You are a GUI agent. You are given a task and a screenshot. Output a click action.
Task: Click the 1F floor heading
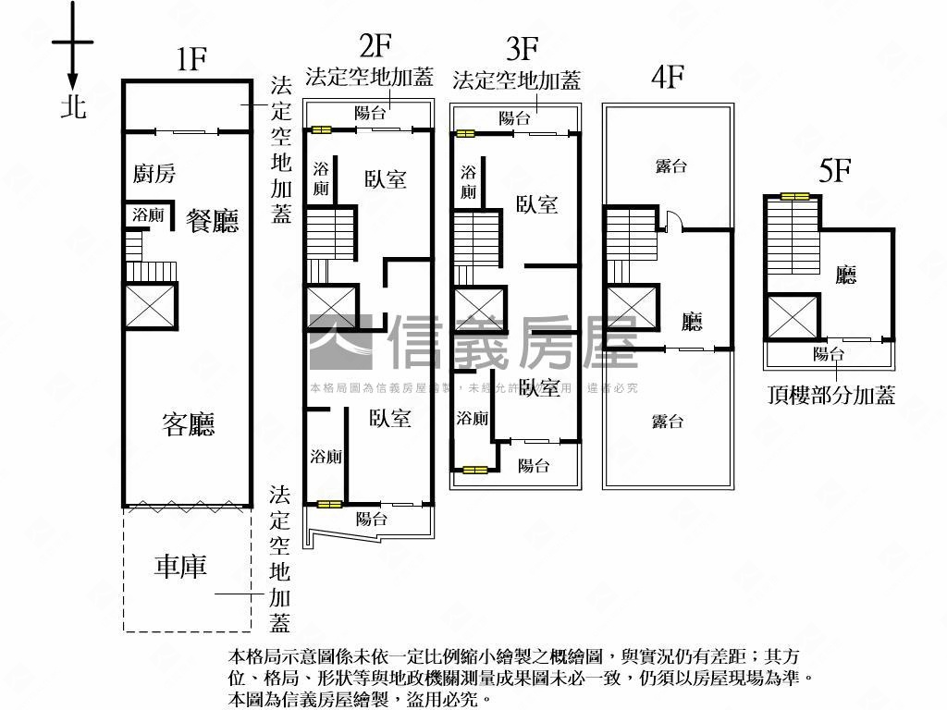[x=191, y=60]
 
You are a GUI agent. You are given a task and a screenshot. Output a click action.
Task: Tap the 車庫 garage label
[x=180, y=567]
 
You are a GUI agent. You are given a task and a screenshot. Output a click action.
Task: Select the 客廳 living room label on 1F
[x=189, y=424]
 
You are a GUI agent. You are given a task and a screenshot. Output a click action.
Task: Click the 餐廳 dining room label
[x=212, y=221]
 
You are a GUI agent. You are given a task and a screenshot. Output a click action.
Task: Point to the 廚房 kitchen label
[x=154, y=173]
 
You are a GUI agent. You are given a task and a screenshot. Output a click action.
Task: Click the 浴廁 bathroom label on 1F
[x=148, y=214]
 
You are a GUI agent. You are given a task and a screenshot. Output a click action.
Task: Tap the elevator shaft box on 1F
[x=150, y=306]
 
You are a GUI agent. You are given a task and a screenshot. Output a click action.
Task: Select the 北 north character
[x=73, y=106]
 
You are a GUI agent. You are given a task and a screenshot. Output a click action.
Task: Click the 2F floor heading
[x=375, y=45]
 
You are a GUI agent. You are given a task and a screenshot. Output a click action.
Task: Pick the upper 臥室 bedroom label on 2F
[x=385, y=178]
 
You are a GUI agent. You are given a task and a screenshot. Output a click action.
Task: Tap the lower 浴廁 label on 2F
[x=326, y=457]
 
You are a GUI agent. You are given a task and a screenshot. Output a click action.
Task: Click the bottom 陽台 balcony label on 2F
[x=371, y=520]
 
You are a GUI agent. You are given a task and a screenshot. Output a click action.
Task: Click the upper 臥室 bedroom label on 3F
[x=536, y=204]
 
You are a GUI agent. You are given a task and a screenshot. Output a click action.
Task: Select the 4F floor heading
[x=666, y=77]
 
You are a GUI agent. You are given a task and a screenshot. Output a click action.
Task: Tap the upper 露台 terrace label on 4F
[x=670, y=166]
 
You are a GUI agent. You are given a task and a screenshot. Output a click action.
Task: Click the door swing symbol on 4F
[x=672, y=221]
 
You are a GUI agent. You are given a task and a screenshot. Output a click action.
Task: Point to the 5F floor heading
[x=834, y=172]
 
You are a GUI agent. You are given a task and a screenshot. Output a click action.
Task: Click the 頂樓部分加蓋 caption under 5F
[x=831, y=396]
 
